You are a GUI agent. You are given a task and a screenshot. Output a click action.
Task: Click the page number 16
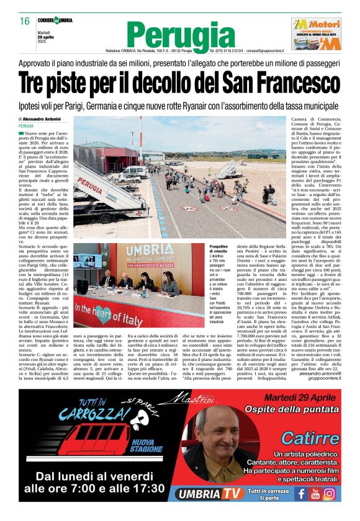pos(25,21)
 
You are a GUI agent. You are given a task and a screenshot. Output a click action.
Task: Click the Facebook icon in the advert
pos(301,494)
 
